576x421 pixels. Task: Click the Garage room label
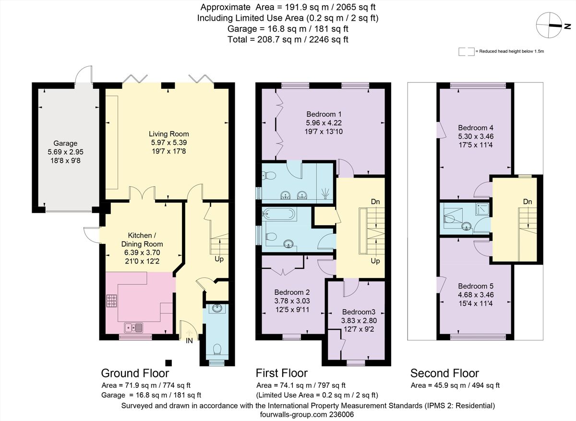(65, 143)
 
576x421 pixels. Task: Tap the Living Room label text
(169, 134)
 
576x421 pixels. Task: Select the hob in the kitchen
(111, 301)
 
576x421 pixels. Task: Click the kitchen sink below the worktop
(133, 328)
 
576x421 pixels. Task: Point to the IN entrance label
(189, 341)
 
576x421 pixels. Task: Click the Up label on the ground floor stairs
(219, 259)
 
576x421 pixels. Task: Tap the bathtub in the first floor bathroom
(279, 214)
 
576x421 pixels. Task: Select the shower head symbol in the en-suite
(325, 193)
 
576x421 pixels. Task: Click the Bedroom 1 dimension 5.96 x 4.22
(324, 123)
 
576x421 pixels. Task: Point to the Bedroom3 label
(359, 312)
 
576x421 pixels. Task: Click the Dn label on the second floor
(528, 202)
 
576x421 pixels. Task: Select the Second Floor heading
(444, 373)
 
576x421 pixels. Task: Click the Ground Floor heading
(135, 373)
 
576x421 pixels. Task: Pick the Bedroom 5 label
(476, 286)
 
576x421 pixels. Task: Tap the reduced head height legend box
(467, 51)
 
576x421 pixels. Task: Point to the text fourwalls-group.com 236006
(307, 415)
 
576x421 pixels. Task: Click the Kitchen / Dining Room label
(142, 240)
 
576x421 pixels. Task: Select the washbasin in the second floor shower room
(466, 226)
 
